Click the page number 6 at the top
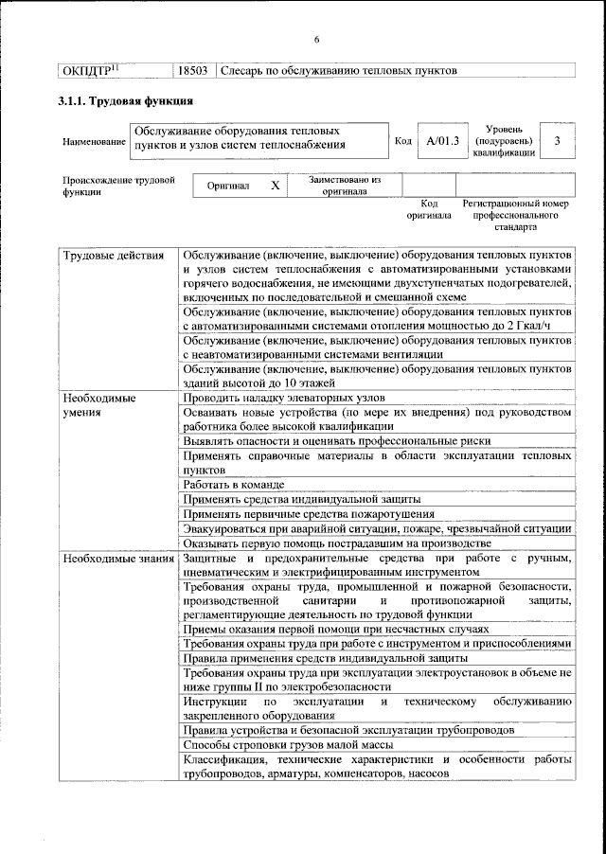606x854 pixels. pos(317,39)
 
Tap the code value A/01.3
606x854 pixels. pos(442,141)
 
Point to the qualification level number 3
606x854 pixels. pos(559,141)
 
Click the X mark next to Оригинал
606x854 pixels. pos(275,186)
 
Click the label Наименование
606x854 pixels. pos(94,142)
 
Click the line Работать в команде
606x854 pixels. pos(234,484)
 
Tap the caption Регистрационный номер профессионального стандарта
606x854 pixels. pos(515,216)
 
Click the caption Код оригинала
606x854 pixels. pos(428,209)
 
